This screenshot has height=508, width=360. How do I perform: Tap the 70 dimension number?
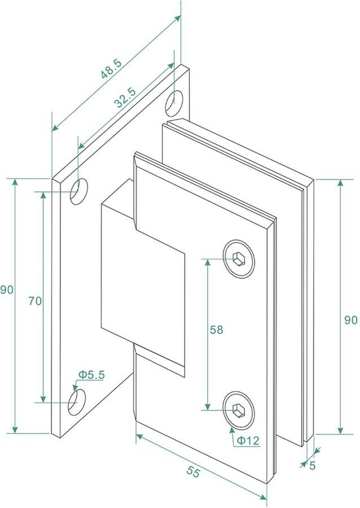34,301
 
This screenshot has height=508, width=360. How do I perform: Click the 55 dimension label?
194,473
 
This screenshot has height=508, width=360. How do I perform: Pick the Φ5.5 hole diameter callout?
92,374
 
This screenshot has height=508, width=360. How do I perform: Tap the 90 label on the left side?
6,290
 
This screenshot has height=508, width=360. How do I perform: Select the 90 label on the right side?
351,319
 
